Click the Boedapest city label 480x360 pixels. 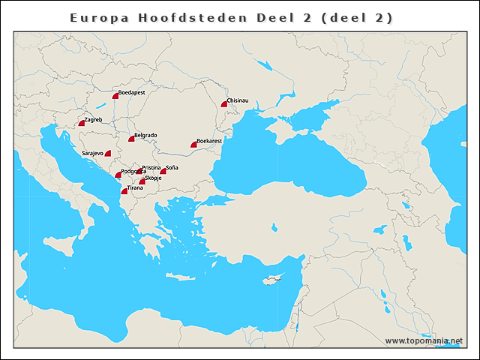pos(132,92)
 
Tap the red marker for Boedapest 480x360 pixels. pos(116,97)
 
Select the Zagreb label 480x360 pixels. pos(93,119)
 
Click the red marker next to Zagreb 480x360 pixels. pos(82,123)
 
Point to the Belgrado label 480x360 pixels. pos(145,135)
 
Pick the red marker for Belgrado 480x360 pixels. pos(132,139)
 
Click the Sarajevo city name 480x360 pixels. pos(92,153)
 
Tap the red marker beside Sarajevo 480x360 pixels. pos(108,154)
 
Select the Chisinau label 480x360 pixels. pos(237,100)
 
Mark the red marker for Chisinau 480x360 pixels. pos(224,104)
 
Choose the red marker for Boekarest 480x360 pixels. pos(194,145)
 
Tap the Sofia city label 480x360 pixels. pos(172,167)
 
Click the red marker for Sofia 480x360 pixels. pos(163,172)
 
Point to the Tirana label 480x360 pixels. pos(135,187)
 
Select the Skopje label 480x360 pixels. pos(153,178)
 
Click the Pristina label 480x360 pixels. pos(151,167)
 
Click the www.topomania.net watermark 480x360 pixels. pos(423,340)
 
